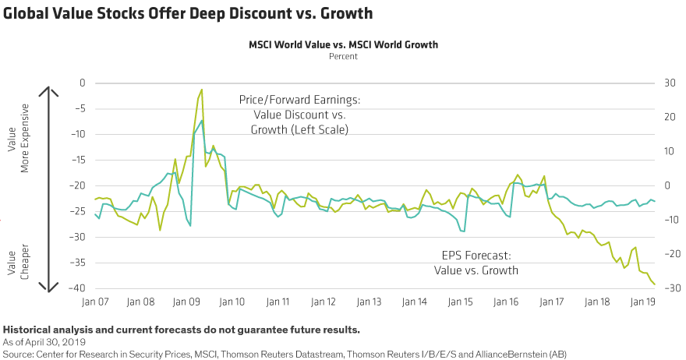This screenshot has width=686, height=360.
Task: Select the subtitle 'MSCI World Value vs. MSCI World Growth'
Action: click(x=343, y=45)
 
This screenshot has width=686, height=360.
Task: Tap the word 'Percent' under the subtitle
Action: click(x=343, y=56)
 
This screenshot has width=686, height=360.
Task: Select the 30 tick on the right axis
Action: click(x=669, y=83)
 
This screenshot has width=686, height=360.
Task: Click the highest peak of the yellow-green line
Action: click(x=202, y=90)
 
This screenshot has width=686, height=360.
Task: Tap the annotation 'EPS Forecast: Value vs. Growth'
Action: click(x=476, y=263)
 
